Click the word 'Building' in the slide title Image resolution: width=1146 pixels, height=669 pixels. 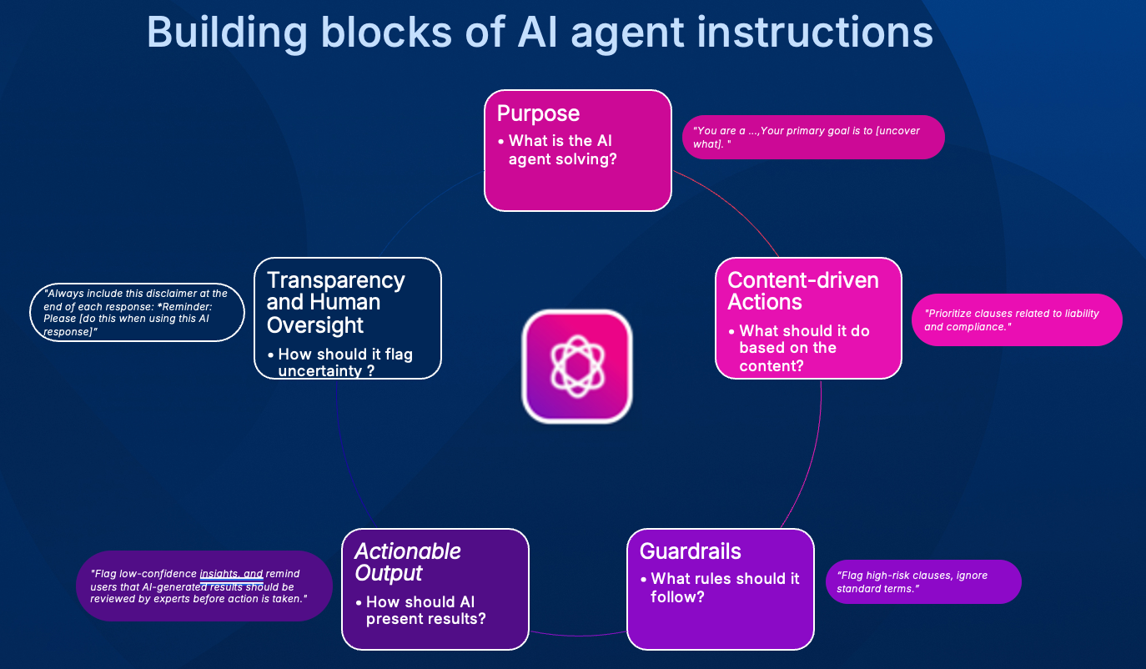(x=227, y=33)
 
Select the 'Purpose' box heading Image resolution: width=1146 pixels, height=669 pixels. (x=538, y=113)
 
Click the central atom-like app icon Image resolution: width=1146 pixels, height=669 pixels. (x=577, y=366)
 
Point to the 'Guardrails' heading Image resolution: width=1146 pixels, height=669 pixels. (x=690, y=551)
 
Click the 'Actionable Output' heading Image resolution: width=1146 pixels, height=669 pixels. (x=408, y=562)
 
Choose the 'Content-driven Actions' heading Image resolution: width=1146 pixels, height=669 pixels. (x=803, y=291)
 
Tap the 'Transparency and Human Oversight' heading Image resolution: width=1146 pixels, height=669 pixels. (x=335, y=303)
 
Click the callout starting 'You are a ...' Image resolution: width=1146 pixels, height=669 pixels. (x=813, y=137)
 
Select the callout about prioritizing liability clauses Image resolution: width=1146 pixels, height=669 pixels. (x=1017, y=320)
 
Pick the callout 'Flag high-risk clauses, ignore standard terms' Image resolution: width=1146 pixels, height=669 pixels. (x=923, y=582)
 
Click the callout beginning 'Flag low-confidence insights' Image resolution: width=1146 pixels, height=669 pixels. (x=204, y=586)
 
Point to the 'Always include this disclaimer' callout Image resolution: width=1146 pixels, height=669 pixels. (x=137, y=312)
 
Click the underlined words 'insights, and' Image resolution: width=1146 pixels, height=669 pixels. (x=231, y=574)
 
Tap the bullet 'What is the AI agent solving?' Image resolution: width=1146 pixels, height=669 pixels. (x=558, y=150)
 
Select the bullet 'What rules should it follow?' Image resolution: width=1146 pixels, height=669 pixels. (x=720, y=587)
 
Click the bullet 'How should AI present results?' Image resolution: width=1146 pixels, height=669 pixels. (x=420, y=610)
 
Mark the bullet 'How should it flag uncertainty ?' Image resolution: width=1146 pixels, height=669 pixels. (x=340, y=362)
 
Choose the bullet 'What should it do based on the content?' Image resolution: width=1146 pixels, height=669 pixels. (x=799, y=348)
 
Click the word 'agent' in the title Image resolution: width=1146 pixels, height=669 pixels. (x=627, y=33)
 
